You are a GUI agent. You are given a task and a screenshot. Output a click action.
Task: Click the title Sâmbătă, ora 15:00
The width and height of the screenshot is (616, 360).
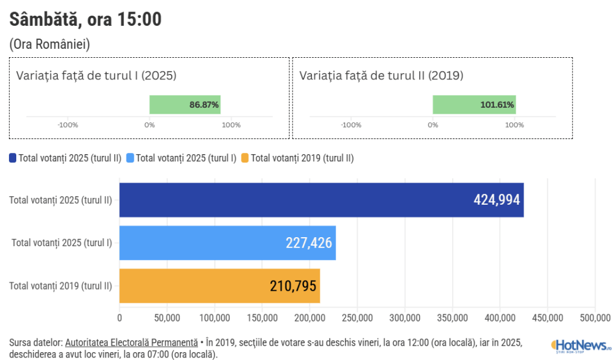click(x=86, y=19)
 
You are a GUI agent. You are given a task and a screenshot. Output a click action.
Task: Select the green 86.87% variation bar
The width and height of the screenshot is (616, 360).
click(x=185, y=104)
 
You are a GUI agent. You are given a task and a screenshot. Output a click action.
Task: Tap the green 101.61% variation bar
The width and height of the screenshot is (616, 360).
click(x=474, y=104)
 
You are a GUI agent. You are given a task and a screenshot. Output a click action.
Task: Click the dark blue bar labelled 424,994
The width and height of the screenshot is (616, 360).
click(x=321, y=200)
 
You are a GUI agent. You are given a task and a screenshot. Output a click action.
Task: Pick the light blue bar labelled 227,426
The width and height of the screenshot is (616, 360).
click(x=227, y=243)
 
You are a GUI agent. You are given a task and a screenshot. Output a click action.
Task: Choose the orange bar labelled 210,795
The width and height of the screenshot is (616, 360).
click(x=219, y=285)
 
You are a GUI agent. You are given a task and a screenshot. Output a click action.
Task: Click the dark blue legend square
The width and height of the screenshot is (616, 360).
click(x=13, y=158)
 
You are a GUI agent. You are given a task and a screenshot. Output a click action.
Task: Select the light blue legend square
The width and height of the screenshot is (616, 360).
click(x=130, y=158)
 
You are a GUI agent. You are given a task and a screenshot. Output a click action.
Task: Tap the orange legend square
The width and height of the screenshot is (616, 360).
click(x=244, y=158)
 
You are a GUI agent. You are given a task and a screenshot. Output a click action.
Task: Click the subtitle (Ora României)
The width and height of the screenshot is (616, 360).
click(x=49, y=45)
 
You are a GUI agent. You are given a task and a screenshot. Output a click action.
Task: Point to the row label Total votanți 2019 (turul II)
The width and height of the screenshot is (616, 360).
click(x=61, y=286)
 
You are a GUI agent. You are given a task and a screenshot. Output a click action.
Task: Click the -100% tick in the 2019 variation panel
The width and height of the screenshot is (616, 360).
click(x=351, y=125)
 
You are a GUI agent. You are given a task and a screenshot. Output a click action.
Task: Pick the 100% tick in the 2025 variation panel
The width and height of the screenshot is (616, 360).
click(x=231, y=125)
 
